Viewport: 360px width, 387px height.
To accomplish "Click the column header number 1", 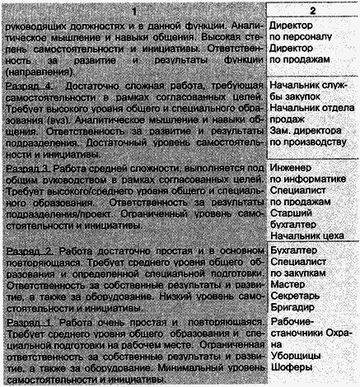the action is pyautogui.click(x=132, y=7).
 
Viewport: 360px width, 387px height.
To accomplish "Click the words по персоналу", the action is pyautogui.click(x=304, y=35).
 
